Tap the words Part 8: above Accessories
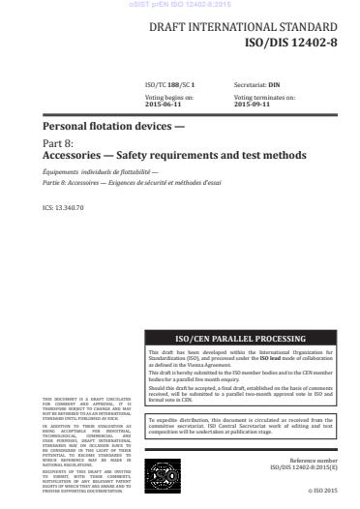59,142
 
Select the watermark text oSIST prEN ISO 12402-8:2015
179,5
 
